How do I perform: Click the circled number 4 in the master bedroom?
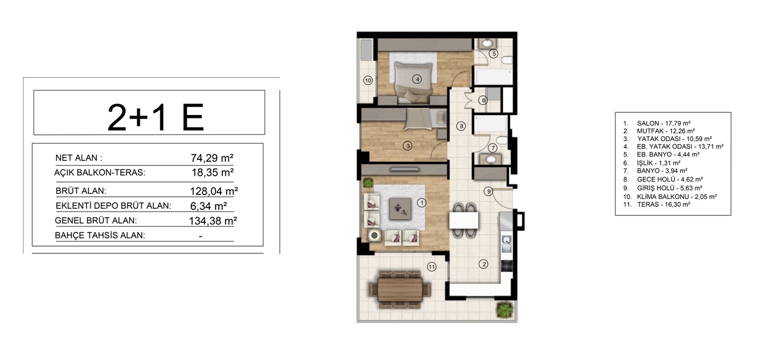click(417, 79)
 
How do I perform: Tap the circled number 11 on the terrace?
click(432, 266)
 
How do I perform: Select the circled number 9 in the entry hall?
click(488, 191)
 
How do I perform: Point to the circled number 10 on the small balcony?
click(368, 81)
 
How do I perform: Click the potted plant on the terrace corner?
click(505, 310)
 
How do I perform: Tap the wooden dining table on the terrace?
click(400, 290)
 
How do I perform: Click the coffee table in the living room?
click(400, 209)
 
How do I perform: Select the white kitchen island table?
click(464, 221)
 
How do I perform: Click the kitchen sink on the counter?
click(506, 244)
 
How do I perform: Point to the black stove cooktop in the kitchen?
click(507, 265)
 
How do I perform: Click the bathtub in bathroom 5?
click(493, 77)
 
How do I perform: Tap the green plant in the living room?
click(368, 183)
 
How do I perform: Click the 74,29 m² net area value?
click(212, 158)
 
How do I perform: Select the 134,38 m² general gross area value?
click(213, 221)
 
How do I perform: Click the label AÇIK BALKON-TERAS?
click(100, 172)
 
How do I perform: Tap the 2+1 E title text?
click(155, 117)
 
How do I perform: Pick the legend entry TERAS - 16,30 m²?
click(663, 204)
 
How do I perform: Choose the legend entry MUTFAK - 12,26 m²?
click(666, 131)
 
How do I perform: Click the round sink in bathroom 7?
click(490, 159)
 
